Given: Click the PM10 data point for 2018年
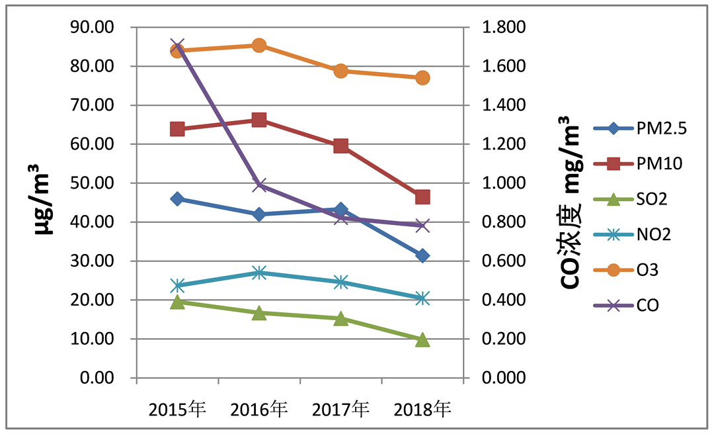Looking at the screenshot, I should click(422, 197).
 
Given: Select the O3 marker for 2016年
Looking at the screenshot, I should click(259, 45).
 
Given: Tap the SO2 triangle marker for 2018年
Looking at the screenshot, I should click(422, 340).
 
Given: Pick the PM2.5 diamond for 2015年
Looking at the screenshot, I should click(177, 198).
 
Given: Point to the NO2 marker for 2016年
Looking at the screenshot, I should click(259, 273).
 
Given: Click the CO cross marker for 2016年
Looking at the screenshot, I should click(259, 185).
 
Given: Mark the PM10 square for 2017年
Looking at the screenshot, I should click(341, 146).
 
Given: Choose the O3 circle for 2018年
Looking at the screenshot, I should click(422, 77).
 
